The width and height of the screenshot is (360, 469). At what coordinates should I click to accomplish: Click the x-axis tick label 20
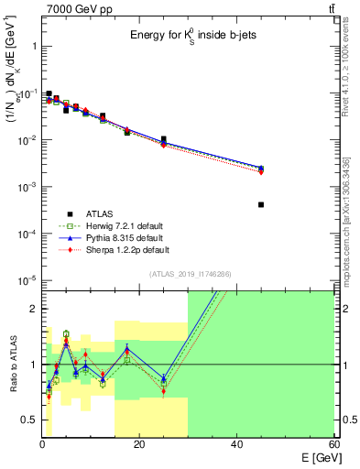pyautogui.click(x=139, y=444)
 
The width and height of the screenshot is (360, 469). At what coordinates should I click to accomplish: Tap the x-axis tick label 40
pyautogui.click(x=236, y=444)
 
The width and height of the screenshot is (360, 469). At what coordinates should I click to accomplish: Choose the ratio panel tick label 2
pyautogui.click(x=34, y=309)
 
